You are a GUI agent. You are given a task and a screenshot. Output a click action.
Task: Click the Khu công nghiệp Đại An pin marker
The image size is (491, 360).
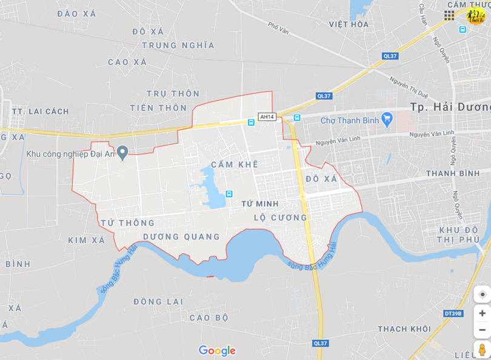[x=123, y=152]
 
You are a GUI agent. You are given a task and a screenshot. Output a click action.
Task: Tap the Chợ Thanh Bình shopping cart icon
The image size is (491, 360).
[x=387, y=119]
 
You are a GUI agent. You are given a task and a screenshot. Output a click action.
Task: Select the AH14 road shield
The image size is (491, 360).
[x=267, y=117]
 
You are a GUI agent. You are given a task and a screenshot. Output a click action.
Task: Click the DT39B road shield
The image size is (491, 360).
[x=453, y=313]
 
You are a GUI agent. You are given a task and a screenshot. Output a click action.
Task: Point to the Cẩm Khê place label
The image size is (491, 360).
[x=235, y=164]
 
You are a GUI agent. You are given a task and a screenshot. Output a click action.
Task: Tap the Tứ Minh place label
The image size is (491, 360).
[x=259, y=204]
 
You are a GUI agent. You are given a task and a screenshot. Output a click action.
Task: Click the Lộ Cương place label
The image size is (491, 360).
[x=281, y=218]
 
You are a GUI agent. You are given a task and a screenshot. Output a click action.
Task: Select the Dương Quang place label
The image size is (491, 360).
[x=181, y=236]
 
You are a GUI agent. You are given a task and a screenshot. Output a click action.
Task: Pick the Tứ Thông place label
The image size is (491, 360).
[x=128, y=222]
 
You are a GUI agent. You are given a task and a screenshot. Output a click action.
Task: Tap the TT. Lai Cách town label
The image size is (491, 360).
[x=41, y=112]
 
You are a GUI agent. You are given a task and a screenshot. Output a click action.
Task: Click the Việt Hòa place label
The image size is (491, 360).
[x=349, y=24]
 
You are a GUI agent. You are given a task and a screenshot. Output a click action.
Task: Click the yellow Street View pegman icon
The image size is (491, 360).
[x=482, y=350]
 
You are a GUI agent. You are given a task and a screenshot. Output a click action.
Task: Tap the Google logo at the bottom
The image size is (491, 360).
[x=217, y=350]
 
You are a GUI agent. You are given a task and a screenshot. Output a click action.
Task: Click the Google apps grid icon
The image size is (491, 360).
[x=449, y=15]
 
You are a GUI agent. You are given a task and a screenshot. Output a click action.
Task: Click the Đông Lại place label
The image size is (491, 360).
[x=157, y=301]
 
